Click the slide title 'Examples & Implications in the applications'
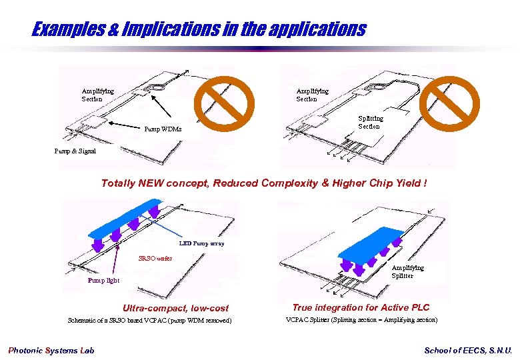coord(199,29)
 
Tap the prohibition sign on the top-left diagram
coord(224,105)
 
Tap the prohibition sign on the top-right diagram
coord(453,105)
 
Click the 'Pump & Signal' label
coord(75,151)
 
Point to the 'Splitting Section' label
coord(370,123)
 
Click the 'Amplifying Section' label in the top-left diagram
coord(97,95)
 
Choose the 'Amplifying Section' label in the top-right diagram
coord(312,95)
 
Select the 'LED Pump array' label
coord(202,243)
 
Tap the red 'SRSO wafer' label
coord(155,258)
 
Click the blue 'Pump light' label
coord(104,280)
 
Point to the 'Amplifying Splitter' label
coord(407,271)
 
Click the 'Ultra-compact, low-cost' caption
coord(175,308)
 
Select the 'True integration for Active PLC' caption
coord(361,307)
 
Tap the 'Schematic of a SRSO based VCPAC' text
coord(150,321)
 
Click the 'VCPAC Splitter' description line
coord(361,320)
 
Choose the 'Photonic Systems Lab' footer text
coord(51,351)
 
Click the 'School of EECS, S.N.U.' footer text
coord(469,351)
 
